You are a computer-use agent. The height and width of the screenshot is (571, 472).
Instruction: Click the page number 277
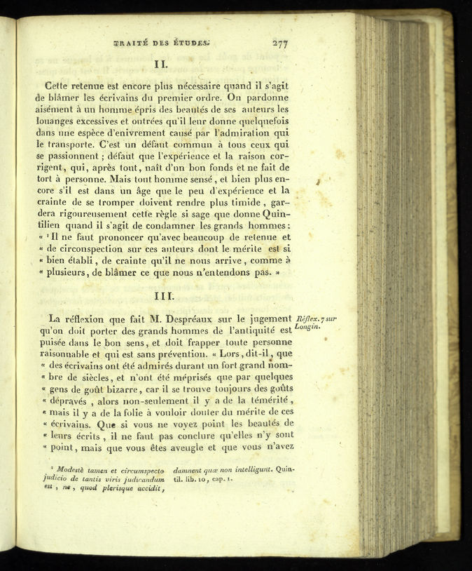click(x=280, y=43)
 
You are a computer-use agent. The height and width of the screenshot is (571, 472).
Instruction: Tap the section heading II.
click(x=159, y=63)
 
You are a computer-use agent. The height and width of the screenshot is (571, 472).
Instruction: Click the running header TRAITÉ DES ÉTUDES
click(x=162, y=43)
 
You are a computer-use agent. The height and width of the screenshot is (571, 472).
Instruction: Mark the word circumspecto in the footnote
click(x=141, y=469)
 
